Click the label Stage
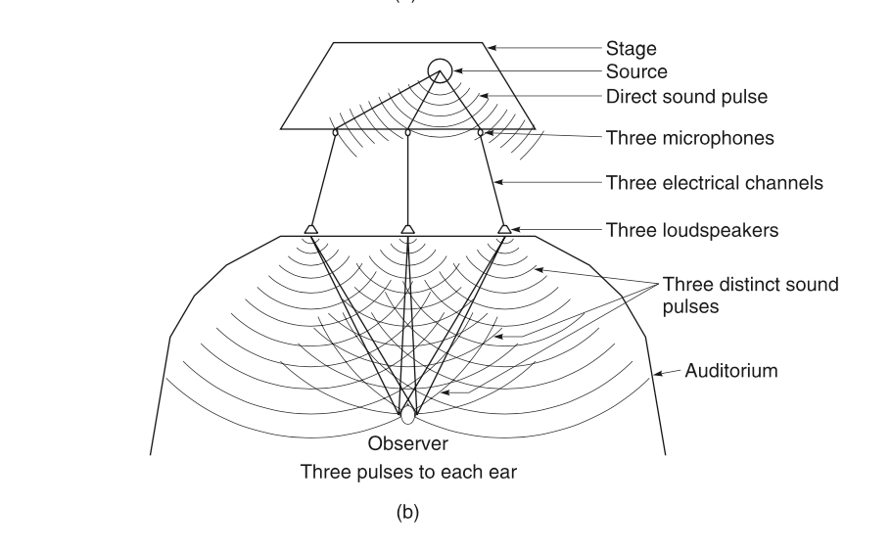(x=631, y=48)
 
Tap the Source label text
(x=636, y=71)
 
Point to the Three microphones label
(x=689, y=138)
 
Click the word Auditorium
(x=730, y=371)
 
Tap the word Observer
(x=407, y=443)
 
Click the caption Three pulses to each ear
(x=408, y=471)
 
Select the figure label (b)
(x=406, y=513)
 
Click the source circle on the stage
(x=440, y=70)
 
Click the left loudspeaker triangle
(x=310, y=229)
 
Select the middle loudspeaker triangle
(x=407, y=229)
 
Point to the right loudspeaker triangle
(x=504, y=229)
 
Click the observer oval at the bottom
(x=407, y=414)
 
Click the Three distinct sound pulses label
(x=750, y=294)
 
